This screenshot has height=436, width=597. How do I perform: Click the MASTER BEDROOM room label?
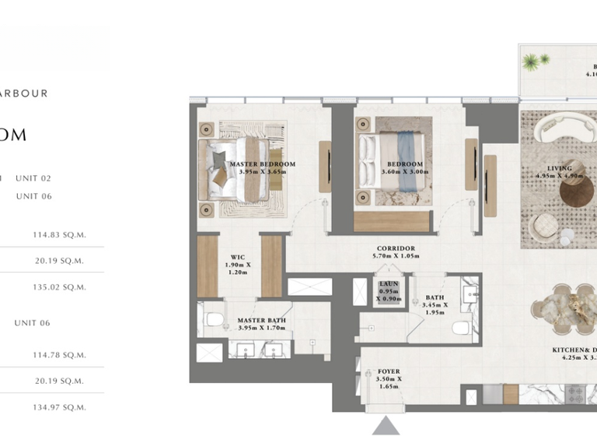tap(263, 164)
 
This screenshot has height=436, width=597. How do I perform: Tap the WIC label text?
tap(238, 256)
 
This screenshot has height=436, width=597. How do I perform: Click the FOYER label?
tap(389, 371)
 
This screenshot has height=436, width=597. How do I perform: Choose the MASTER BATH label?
tap(261, 320)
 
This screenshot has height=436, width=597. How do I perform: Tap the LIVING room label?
tap(559, 168)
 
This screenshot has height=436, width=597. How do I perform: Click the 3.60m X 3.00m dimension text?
tap(405, 173)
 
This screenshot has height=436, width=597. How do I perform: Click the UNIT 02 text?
tap(33, 178)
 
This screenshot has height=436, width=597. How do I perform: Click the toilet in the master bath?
tap(215, 318)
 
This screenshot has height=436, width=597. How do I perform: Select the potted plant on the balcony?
tap(532, 62)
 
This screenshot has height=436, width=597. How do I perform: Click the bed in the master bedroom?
tap(238, 163)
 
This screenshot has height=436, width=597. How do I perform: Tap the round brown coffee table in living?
tap(576, 192)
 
